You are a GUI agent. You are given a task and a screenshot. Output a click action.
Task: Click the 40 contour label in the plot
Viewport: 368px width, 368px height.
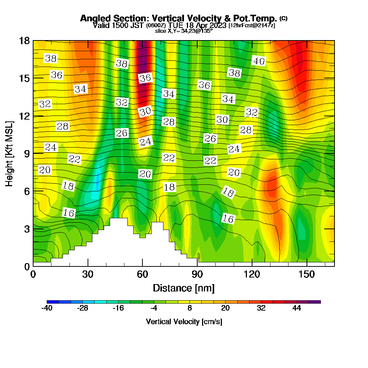(x=259, y=61)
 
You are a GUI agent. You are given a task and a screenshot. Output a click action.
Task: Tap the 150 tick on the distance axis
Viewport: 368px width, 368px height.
(x=307, y=275)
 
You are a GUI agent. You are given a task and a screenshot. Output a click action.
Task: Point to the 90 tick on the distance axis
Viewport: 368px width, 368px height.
(x=197, y=275)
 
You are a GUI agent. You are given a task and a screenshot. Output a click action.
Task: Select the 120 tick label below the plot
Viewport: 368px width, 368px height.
(x=252, y=275)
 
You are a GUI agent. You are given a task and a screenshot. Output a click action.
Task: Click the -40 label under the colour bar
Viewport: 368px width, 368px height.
(x=47, y=308)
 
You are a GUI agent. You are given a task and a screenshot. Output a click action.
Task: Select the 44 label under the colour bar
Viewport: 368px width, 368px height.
(x=297, y=308)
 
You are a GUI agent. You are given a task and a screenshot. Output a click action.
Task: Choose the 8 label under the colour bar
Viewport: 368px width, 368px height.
(x=190, y=308)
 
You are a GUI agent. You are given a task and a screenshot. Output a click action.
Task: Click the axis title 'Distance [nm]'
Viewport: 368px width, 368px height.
(x=184, y=288)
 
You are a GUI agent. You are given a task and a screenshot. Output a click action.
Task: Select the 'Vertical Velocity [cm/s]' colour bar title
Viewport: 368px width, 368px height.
(x=184, y=322)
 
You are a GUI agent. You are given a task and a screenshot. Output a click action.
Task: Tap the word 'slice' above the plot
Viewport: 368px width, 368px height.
(x=160, y=31)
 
